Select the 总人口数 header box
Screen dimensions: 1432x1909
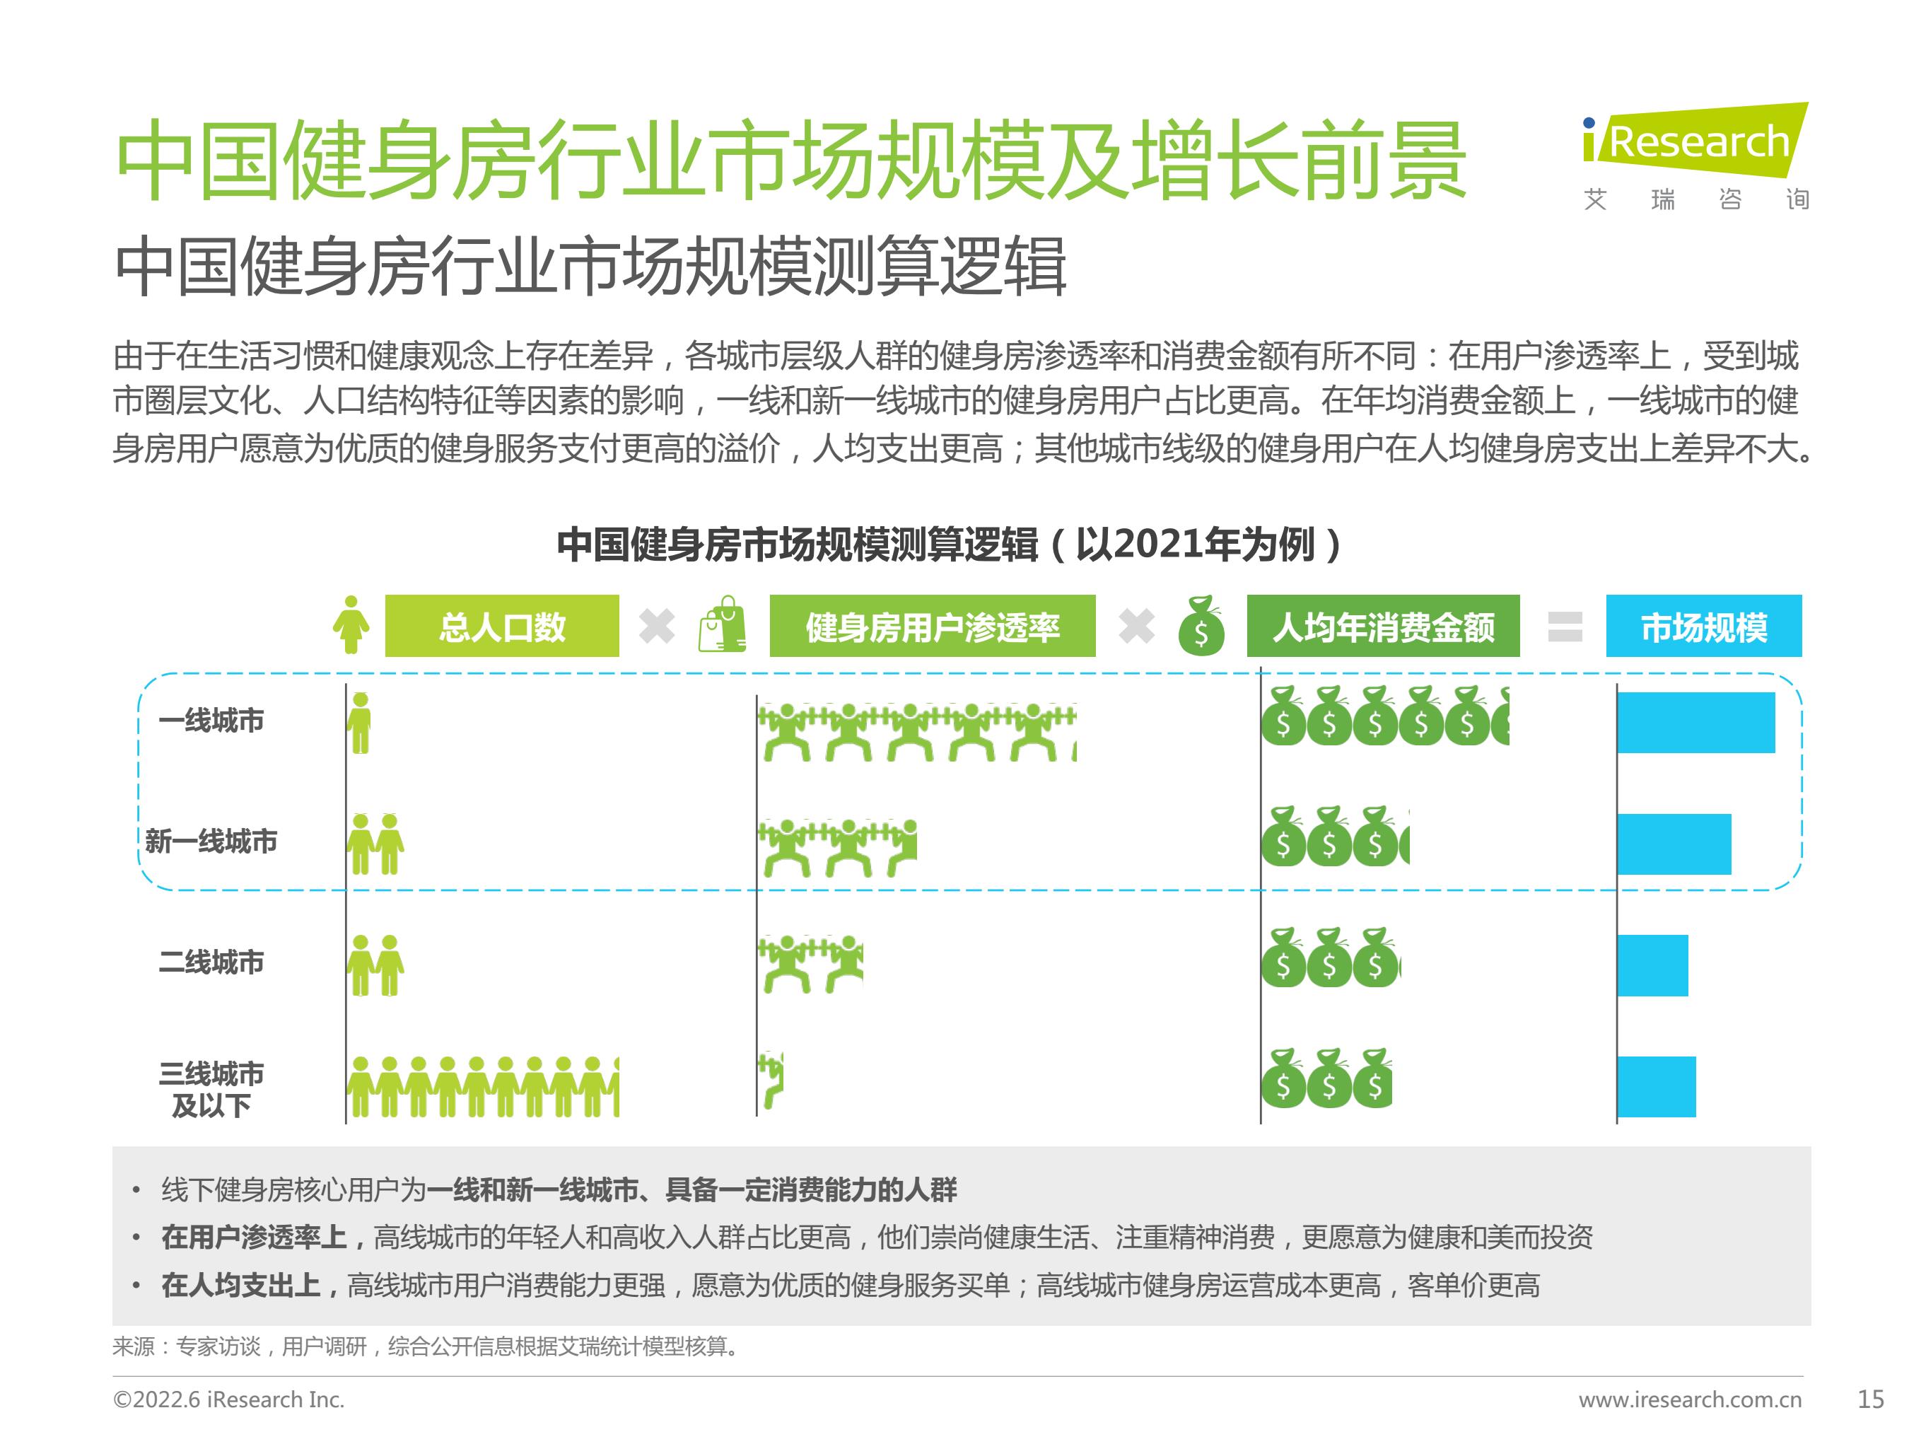coord(501,626)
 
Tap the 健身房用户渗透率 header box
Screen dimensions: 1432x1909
coord(932,626)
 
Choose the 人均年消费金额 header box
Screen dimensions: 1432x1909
coord(1382,626)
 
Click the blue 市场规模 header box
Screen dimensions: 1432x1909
coord(1703,626)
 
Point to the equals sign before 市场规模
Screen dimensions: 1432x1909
coord(1565,627)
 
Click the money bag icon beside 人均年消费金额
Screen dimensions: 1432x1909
coord(1201,626)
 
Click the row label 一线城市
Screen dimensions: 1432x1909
coord(211,720)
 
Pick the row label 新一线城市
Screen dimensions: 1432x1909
coord(211,841)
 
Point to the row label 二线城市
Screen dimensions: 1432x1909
coord(211,962)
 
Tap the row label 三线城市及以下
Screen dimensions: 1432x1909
coord(211,1089)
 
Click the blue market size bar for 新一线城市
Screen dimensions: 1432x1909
coord(1674,844)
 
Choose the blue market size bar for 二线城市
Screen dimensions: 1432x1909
coord(1652,965)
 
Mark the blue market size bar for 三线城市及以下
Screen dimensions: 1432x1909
coord(1656,1086)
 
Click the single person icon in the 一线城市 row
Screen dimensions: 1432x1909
coord(360,723)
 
